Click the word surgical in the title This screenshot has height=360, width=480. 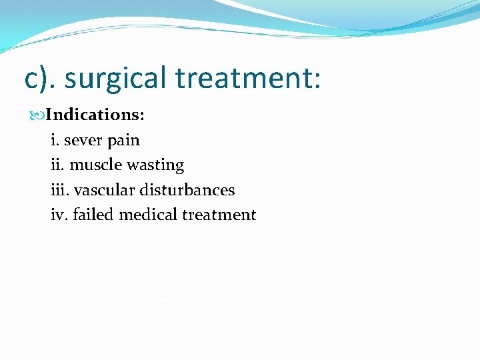point(116,78)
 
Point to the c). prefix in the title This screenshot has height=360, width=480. point(41,78)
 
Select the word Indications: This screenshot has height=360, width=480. point(95,115)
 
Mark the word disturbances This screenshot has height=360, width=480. point(187,190)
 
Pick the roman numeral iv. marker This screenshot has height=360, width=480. point(59,215)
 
